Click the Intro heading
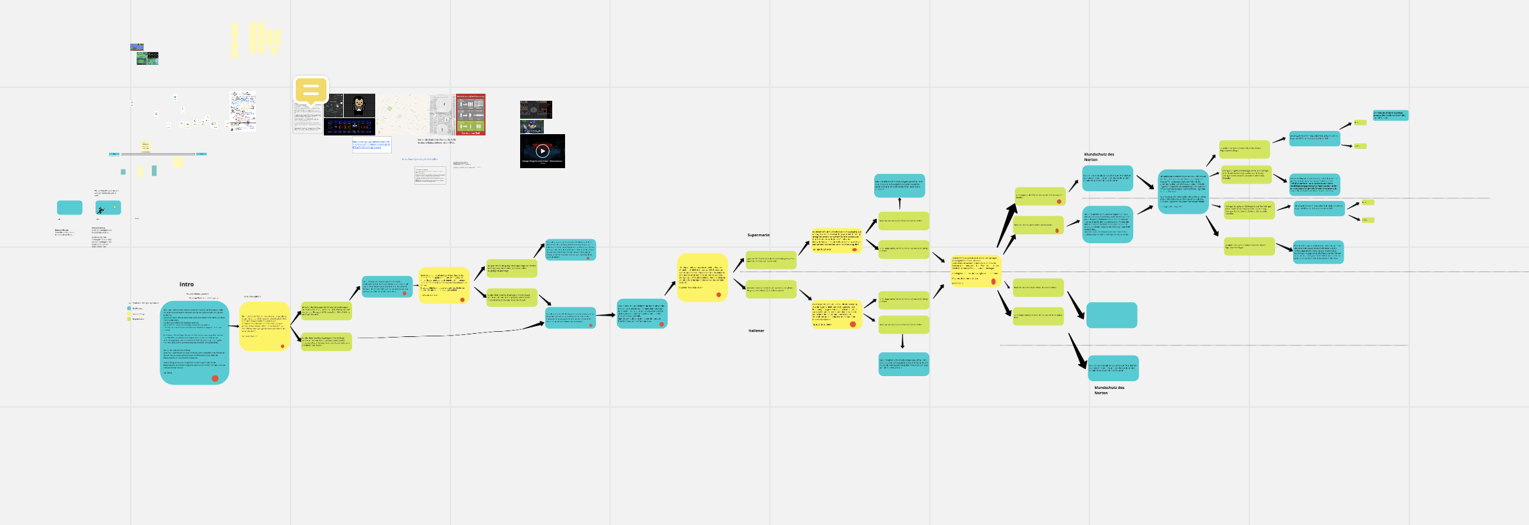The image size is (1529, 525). tap(187, 284)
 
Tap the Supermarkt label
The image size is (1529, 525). tap(758, 236)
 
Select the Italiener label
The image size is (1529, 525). tap(756, 331)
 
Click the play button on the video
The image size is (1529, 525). tap(542, 151)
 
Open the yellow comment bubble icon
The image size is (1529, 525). tap(311, 90)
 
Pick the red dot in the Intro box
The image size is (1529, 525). tap(215, 379)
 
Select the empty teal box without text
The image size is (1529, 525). tap(1111, 315)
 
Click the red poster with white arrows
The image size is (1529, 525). tap(471, 114)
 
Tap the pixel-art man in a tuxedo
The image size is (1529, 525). tap(359, 105)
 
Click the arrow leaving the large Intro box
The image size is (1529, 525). tap(233, 327)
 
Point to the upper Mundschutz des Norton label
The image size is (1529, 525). tap(1099, 157)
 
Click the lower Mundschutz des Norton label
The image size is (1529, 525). tap(1109, 390)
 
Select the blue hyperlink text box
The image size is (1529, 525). tap(371, 145)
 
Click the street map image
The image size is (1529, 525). tap(402, 114)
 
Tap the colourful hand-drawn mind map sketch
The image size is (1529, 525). tap(243, 111)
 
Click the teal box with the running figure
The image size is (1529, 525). tap(108, 208)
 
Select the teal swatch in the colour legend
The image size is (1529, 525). tap(129, 309)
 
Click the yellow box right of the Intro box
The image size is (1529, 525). tap(264, 326)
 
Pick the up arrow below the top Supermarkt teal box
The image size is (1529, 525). tap(900, 203)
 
